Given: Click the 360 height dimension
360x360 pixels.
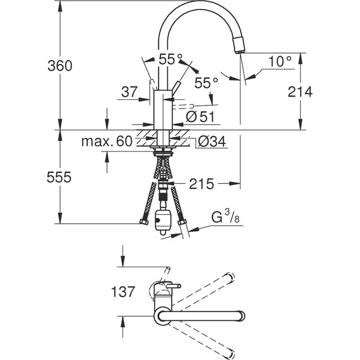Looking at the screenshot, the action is tap(60, 66).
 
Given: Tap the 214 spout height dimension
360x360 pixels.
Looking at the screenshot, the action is tap(300, 92).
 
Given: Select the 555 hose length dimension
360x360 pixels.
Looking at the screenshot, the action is tap(59, 177).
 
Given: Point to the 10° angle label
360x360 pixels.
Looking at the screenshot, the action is tap(280, 61).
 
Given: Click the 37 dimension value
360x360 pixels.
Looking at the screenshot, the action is tap(129, 92).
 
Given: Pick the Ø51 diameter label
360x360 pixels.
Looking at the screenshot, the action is tap(200, 117).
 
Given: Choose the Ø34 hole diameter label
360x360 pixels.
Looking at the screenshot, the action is tap(212, 141).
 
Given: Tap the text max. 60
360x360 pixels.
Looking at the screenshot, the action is tap(107, 141).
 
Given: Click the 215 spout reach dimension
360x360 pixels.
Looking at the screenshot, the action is tap(201, 184).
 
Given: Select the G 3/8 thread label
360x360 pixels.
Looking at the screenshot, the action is tap(225, 217).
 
